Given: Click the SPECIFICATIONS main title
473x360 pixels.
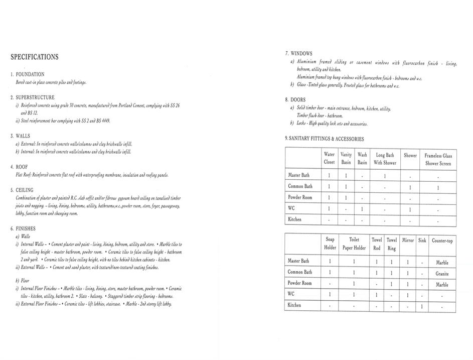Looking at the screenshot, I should tap(34, 57).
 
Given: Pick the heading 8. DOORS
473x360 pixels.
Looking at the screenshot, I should tap(295, 100).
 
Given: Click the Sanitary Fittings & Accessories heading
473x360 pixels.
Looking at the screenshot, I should tap(325, 139).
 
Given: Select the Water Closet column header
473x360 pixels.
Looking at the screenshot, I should tap(329, 159).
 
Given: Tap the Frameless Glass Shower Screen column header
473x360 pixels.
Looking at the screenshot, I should tap(438, 160).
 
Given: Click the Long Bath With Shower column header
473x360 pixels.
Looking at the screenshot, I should tap(385, 159).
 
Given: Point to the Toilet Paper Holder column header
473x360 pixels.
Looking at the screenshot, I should tap(354, 244).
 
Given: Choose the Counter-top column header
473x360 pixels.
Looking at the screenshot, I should tap(442, 241).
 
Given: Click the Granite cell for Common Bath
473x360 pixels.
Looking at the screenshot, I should tap(442, 274).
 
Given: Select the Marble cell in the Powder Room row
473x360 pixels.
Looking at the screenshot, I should tap(442, 285).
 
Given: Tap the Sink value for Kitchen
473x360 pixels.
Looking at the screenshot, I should tap(422, 306).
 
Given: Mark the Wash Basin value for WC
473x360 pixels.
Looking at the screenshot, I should tap(362, 209).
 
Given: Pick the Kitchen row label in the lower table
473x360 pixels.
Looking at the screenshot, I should tap(294, 305).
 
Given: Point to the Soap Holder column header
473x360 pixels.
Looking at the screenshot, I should tap(330, 244).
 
